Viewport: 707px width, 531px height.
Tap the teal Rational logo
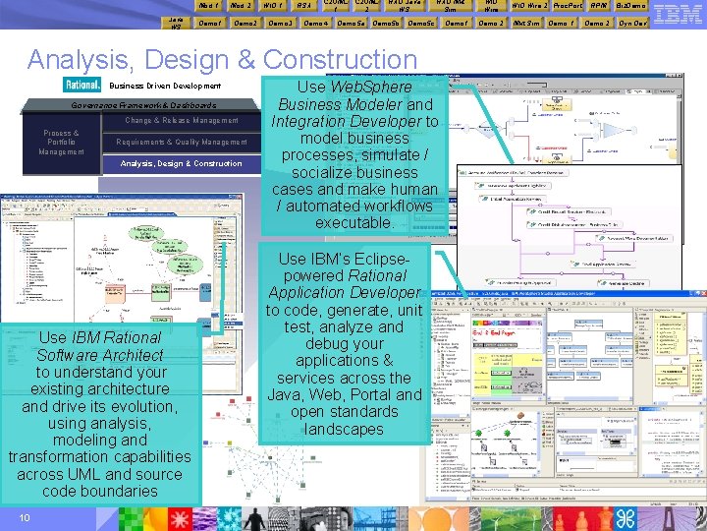(82, 86)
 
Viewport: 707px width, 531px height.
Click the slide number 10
(24, 518)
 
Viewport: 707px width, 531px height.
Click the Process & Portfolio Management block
(61, 143)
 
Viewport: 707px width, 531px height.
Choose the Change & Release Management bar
(182, 121)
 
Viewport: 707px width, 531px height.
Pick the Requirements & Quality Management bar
(182, 143)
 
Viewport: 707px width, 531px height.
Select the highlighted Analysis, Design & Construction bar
(182, 163)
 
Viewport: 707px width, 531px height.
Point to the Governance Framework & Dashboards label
(143, 105)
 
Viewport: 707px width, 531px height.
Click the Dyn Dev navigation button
(631, 23)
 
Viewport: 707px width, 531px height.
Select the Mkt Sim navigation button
(526, 23)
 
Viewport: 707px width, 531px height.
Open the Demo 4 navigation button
(316, 23)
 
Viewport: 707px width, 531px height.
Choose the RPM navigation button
(597, 6)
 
